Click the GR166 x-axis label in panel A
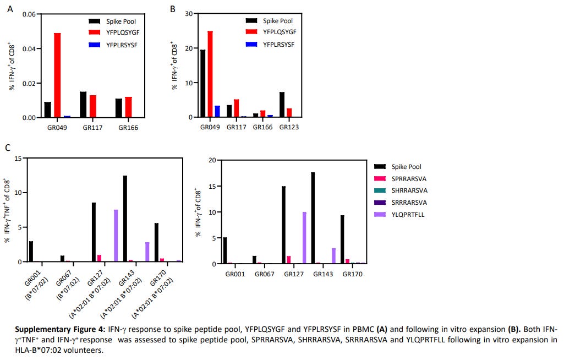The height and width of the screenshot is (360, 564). pyautogui.click(x=127, y=128)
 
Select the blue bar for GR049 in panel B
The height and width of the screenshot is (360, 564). pyautogui.click(x=217, y=112)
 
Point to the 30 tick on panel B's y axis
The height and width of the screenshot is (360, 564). pyautogui.click(x=188, y=13)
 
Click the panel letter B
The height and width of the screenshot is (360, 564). pyautogui.click(x=173, y=9)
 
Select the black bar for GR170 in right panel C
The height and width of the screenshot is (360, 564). pyautogui.click(x=342, y=239)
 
